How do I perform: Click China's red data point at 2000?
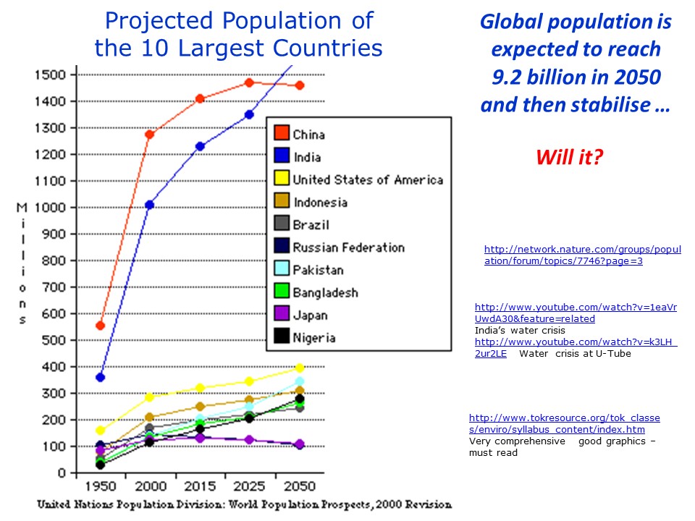(x=150, y=135)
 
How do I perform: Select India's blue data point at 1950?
(x=100, y=377)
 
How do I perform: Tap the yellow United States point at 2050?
(x=300, y=368)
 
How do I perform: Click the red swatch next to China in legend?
(x=282, y=134)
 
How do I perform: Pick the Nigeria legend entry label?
(x=314, y=338)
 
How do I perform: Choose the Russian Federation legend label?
(x=348, y=247)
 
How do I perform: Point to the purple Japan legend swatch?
(x=282, y=315)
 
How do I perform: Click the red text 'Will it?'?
(x=569, y=157)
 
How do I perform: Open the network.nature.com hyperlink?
(x=582, y=255)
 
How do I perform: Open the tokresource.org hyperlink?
(x=564, y=424)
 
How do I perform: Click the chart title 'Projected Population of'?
(x=239, y=20)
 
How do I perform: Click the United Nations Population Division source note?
(x=244, y=504)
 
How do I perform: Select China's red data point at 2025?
(x=250, y=82)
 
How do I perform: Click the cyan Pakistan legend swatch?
(x=282, y=270)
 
